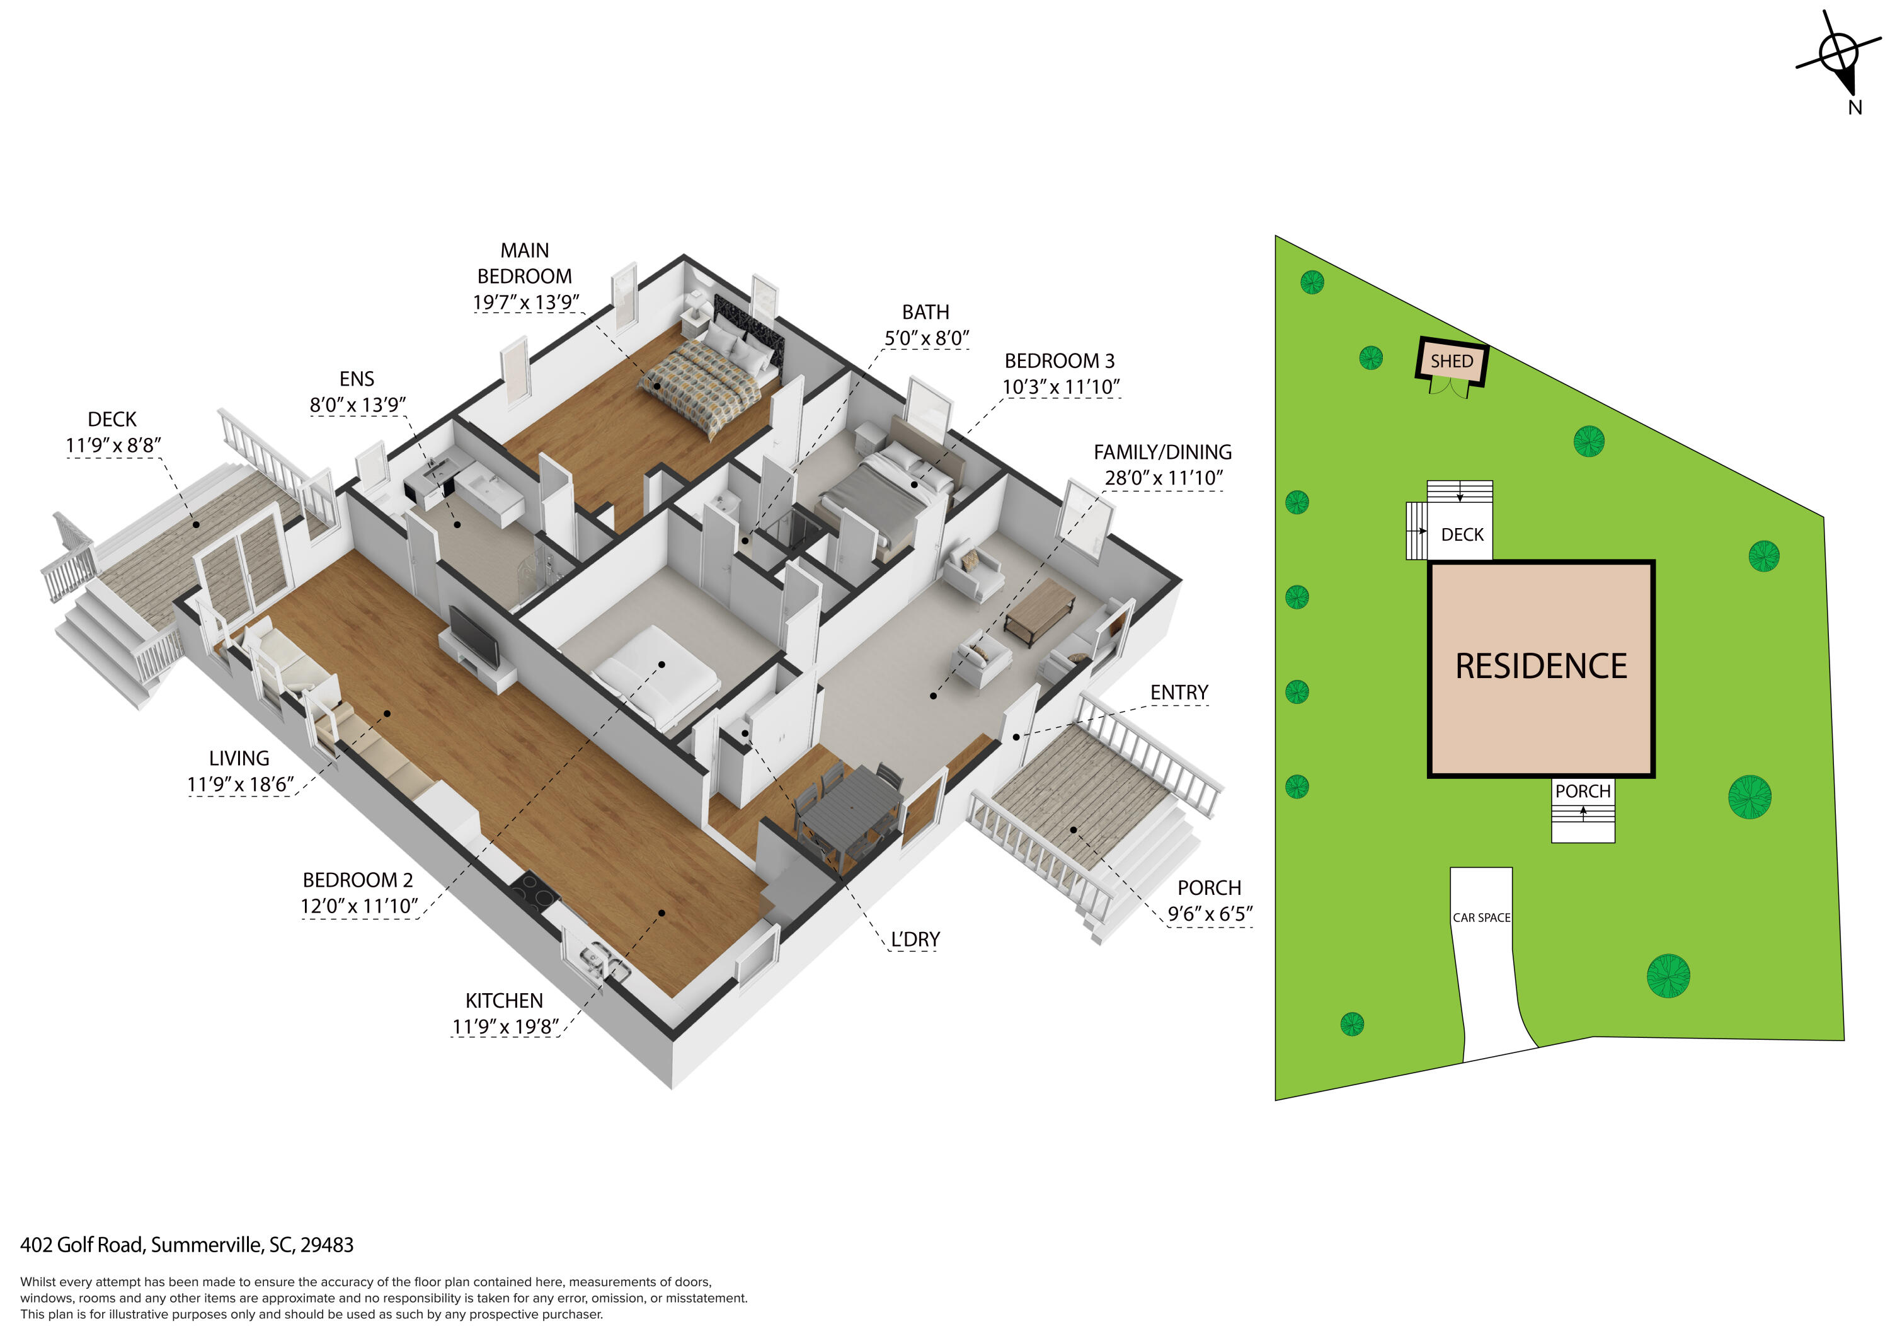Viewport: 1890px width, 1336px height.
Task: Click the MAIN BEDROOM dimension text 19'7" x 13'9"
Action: (525, 302)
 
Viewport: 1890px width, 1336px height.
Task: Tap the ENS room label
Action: (357, 379)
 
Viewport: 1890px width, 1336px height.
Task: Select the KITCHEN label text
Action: (504, 1000)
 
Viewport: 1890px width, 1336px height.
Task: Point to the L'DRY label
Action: (915, 939)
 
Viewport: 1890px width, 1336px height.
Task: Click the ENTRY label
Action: (1179, 693)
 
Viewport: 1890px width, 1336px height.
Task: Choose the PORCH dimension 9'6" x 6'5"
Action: (1209, 914)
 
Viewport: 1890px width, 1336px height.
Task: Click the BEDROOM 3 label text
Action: (1060, 360)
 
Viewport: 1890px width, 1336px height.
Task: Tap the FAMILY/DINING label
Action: (1162, 452)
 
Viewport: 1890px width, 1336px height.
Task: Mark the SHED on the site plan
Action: (1452, 361)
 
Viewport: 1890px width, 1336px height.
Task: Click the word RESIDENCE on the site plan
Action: (1541, 666)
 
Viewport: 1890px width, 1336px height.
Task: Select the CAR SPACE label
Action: (1481, 917)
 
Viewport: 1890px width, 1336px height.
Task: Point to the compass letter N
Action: (1855, 108)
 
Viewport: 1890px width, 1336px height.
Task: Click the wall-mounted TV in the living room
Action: (474, 636)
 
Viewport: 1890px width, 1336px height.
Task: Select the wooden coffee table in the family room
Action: (1039, 610)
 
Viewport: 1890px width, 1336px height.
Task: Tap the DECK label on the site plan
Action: (1462, 535)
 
